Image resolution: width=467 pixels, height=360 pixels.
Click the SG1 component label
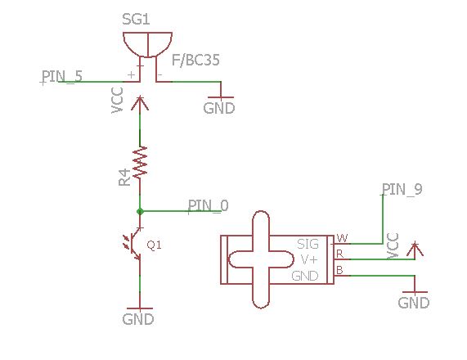(x=136, y=19)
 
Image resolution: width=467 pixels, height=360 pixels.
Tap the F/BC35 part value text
(x=195, y=61)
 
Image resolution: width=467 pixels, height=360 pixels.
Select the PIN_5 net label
(x=62, y=76)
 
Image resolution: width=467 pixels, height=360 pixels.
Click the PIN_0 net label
(x=209, y=205)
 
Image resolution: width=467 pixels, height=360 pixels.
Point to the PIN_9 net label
(x=402, y=189)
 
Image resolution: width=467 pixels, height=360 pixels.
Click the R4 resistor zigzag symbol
(x=140, y=163)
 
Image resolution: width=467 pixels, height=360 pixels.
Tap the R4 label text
(x=124, y=178)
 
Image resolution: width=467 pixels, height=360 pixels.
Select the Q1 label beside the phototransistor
(x=155, y=245)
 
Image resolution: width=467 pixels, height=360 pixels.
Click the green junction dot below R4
(x=140, y=211)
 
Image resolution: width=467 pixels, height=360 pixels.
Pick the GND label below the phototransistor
(x=138, y=319)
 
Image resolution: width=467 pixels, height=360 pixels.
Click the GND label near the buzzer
(x=219, y=108)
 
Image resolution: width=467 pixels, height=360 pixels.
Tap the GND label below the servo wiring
(x=414, y=303)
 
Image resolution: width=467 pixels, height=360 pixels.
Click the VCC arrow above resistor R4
(x=140, y=103)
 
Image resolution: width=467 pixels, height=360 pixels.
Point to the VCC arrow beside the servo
(x=415, y=250)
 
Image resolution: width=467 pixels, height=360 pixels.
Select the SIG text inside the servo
(x=308, y=245)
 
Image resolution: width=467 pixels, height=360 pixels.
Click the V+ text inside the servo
(x=309, y=260)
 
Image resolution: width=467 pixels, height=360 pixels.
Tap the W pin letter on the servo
(x=342, y=238)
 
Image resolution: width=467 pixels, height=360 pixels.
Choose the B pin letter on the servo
(x=339, y=270)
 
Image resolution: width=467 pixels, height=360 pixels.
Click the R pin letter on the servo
(x=340, y=254)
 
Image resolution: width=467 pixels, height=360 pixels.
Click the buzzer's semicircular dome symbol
(x=147, y=45)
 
